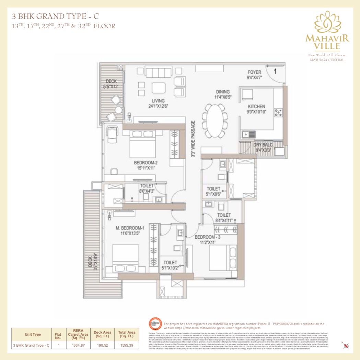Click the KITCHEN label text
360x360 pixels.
click(256, 107)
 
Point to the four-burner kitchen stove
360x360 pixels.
click(278, 112)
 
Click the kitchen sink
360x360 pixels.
click(248, 134)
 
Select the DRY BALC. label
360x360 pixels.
click(263, 145)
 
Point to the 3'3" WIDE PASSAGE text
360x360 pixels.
click(193, 139)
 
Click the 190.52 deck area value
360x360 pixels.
click(102, 345)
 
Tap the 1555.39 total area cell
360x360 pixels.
click(127, 345)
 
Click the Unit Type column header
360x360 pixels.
click(33, 334)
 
